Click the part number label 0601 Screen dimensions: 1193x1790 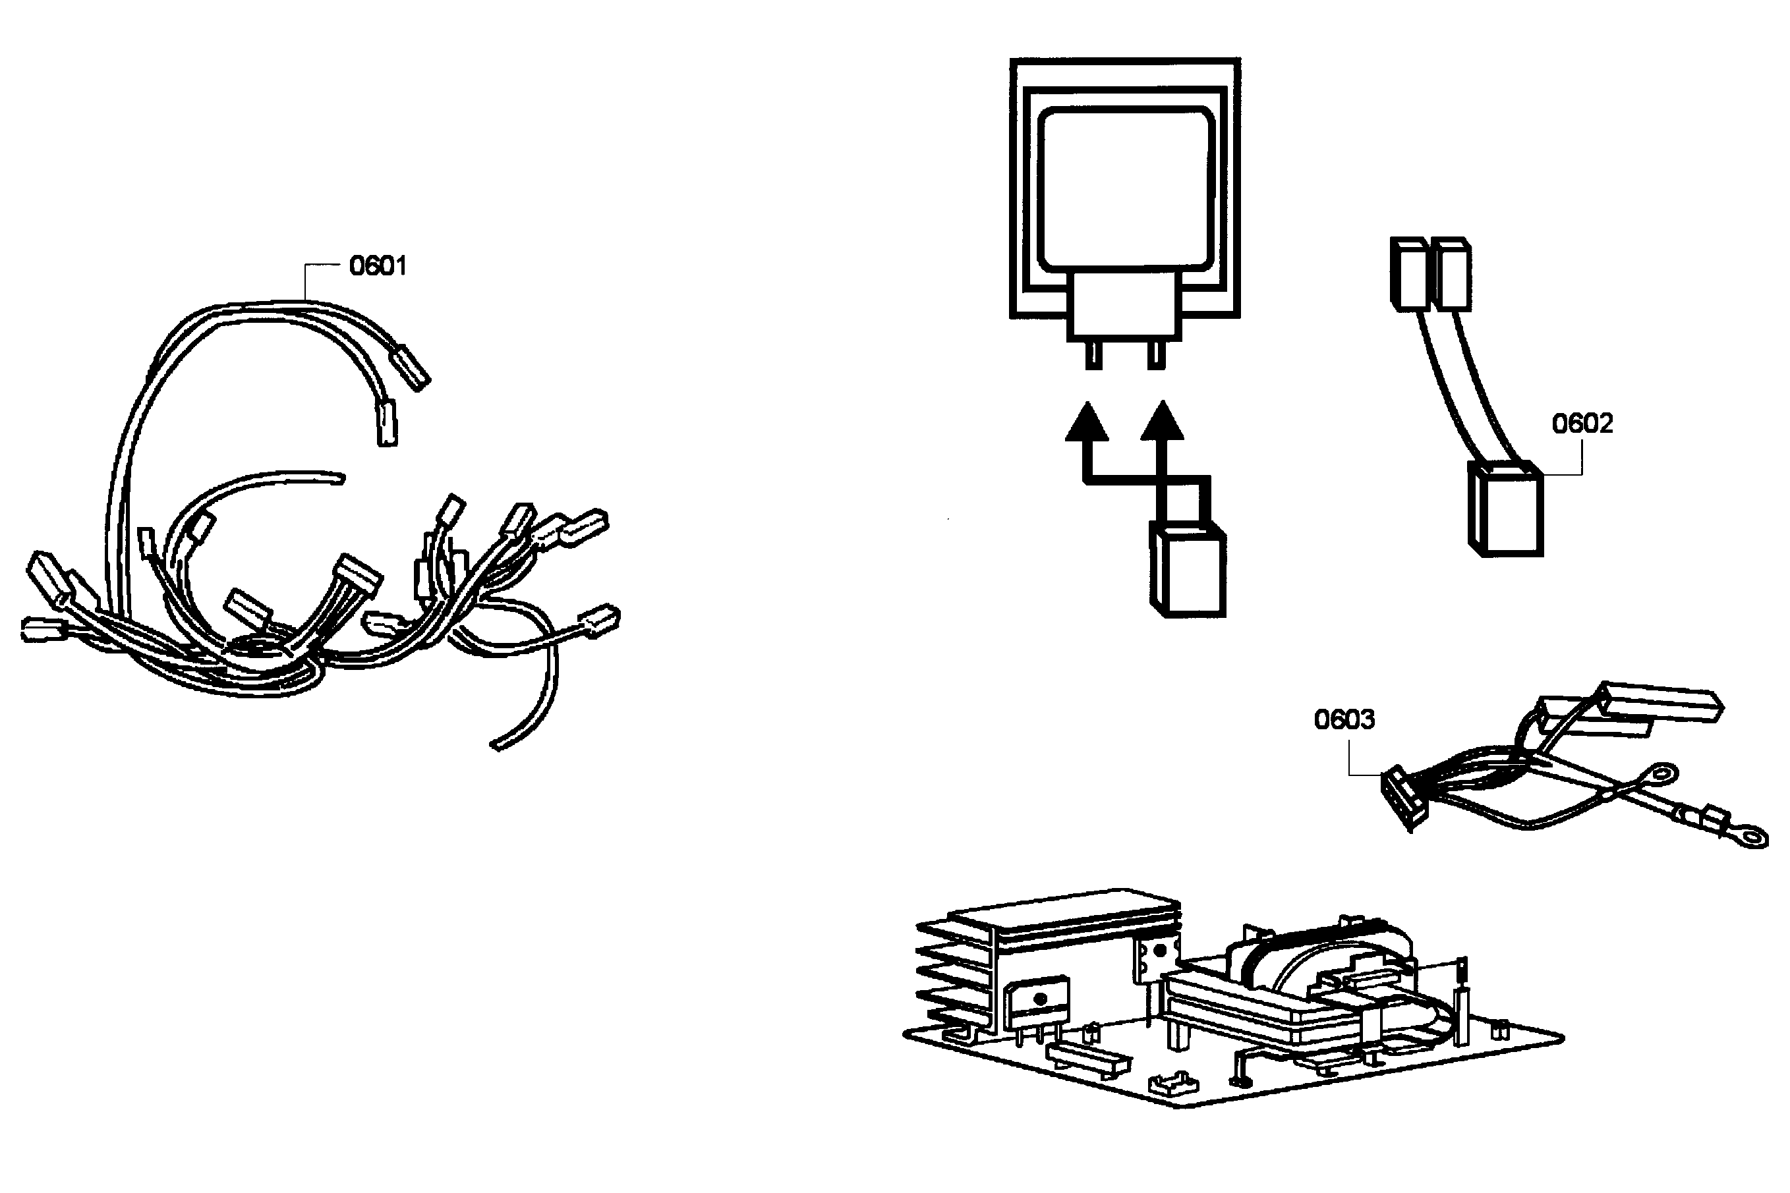point(378,265)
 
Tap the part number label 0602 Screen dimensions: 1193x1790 point(1582,423)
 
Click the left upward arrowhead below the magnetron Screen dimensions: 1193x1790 point(1086,422)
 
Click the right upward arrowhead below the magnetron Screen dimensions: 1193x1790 point(1161,422)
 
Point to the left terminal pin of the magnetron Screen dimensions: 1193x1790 point(1093,355)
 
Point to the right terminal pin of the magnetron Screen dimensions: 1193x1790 point(1155,355)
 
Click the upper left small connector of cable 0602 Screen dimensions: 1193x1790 point(1408,274)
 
